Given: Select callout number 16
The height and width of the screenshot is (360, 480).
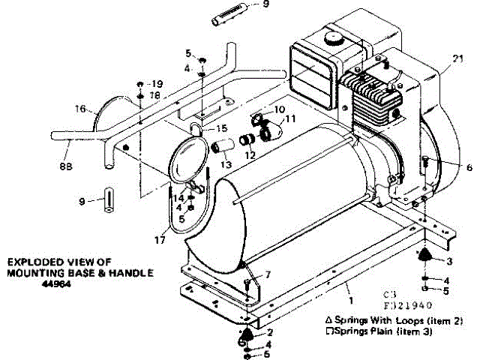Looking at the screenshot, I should pos(79,109).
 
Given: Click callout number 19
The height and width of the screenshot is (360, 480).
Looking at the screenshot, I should pos(157,82).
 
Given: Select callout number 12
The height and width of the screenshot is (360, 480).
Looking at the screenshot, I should pos(250,155).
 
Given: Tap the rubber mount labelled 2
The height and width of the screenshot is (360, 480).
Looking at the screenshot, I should pos(246,334).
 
